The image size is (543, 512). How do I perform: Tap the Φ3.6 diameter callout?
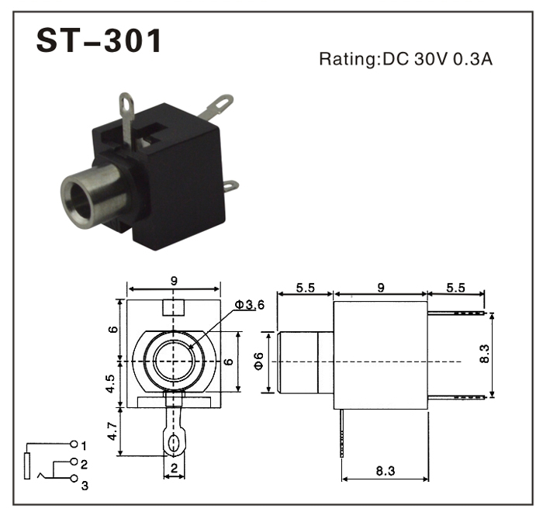tap(250, 305)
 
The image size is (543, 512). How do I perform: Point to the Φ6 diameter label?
tap(259, 362)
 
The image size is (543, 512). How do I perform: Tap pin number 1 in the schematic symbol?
tap(83, 445)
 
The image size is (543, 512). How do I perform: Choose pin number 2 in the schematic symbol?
tap(83, 465)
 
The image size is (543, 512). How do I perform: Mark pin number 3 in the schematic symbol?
tap(84, 486)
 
